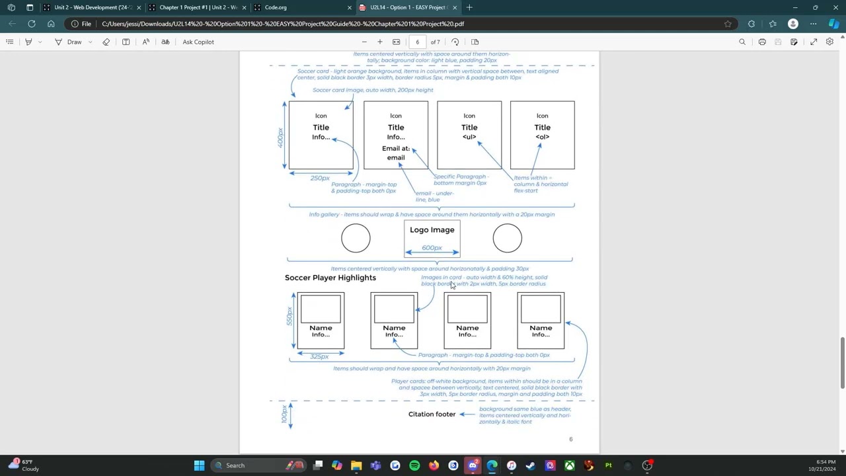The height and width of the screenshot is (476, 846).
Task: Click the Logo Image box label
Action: pyautogui.click(x=432, y=230)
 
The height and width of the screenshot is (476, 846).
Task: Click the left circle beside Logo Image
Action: pyautogui.click(x=356, y=239)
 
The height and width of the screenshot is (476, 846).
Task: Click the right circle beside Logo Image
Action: pyautogui.click(x=507, y=239)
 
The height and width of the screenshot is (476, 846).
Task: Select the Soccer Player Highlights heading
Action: pyautogui.click(x=330, y=278)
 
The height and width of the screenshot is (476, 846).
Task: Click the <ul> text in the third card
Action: pyautogui.click(x=469, y=137)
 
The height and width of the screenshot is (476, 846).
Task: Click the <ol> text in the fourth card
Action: pyautogui.click(x=542, y=137)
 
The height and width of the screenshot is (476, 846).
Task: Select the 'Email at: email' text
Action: pyautogui.click(x=395, y=153)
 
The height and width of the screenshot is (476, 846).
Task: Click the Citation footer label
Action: pyautogui.click(x=432, y=415)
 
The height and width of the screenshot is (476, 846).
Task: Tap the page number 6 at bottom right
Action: pyautogui.click(x=570, y=439)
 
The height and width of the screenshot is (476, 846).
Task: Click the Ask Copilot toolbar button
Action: pyautogui.click(x=198, y=42)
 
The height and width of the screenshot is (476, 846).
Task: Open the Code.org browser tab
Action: pyautogui.click(x=275, y=7)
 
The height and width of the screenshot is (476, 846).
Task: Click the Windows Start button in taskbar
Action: pyautogui.click(x=199, y=465)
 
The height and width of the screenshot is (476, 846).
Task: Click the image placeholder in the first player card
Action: pyautogui.click(x=321, y=309)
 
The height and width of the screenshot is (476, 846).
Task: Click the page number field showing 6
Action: pyautogui.click(x=417, y=42)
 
